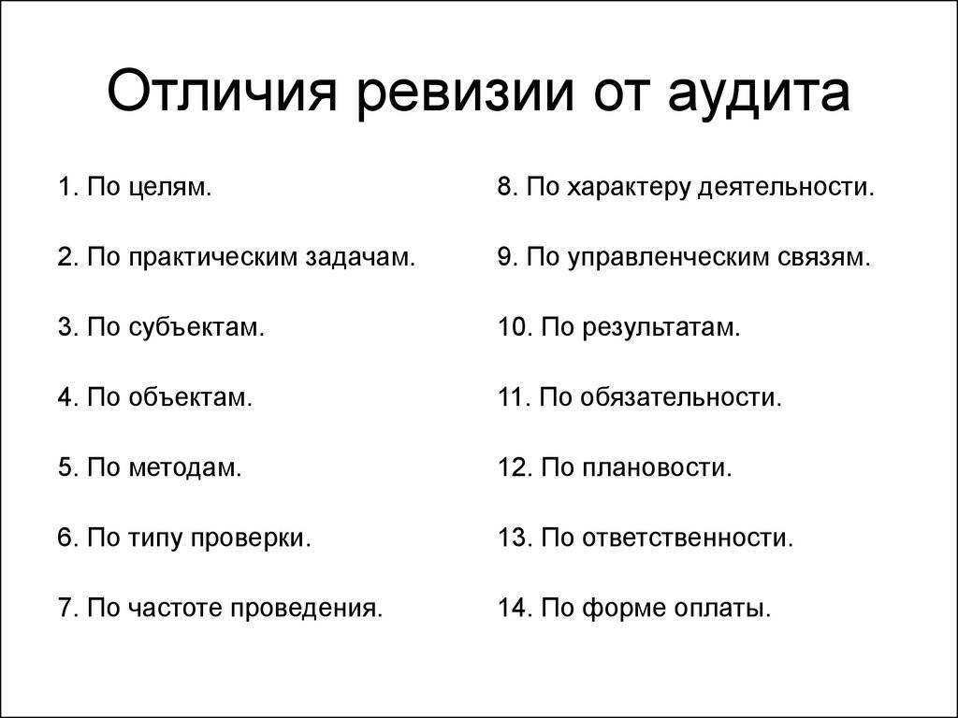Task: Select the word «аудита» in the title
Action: click(x=759, y=94)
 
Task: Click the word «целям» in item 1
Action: click(x=170, y=188)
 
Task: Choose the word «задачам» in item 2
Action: click(x=360, y=258)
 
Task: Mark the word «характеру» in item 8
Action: click(x=629, y=188)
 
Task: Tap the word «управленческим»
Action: click(x=669, y=258)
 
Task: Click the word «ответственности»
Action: click(x=688, y=538)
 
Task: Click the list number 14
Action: click(x=515, y=608)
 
